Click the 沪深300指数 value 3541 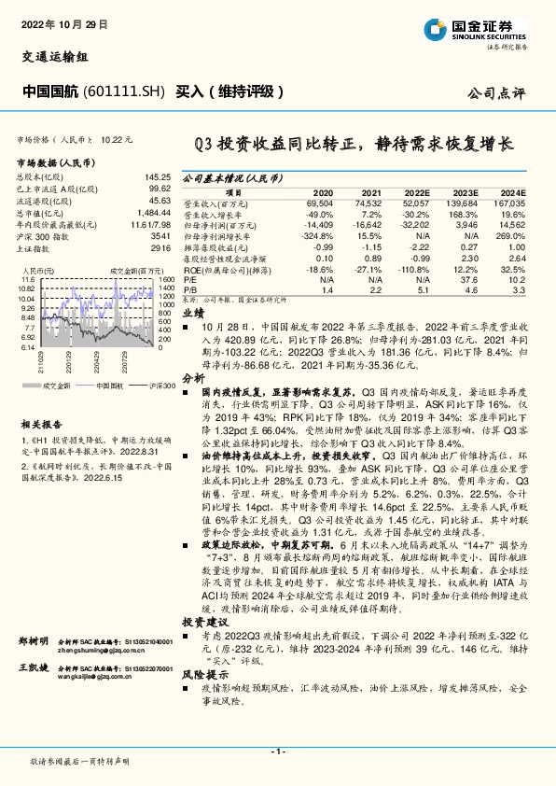[x=159, y=237]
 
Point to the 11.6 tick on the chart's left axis [x=26, y=279]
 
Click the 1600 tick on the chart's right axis [x=166, y=279]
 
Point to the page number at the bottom [x=278, y=751]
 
